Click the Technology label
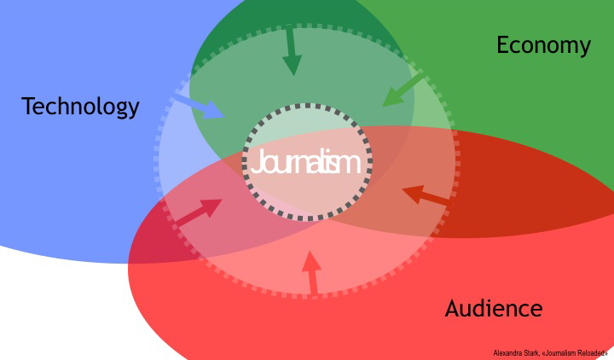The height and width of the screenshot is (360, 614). (x=80, y=107)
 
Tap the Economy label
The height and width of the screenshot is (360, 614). (x=543, y=45)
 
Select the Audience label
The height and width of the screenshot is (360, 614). (x=493, y=309)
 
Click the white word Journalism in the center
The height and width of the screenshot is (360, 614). (x=305, y=162)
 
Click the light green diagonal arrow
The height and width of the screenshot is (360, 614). (x=403, y=90)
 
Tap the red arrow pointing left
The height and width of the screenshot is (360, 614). (x=426, y=196)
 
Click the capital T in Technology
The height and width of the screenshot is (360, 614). (x=28, y=107)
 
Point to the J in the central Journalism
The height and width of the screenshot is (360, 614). (x=255, y=163)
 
